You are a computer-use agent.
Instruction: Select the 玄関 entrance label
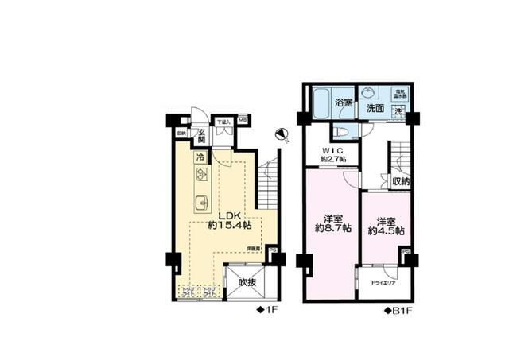[202, 136]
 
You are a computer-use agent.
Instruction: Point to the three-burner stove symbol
[202, 176]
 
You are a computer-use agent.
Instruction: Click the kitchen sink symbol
[202, 200]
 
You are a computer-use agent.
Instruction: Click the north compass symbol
[277, 134]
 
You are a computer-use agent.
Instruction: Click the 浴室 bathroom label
[344, 103]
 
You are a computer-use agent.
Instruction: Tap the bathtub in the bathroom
[321, 103]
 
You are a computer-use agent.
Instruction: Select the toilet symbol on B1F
[340, 132]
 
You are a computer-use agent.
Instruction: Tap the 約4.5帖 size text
[386, 232]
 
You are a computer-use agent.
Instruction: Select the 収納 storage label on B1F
[401, 182]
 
